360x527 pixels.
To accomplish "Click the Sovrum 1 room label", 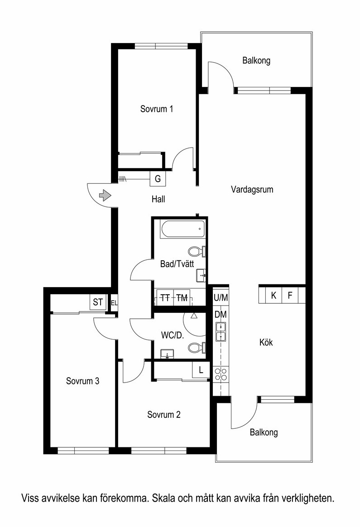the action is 157,109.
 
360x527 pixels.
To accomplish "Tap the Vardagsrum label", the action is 252,190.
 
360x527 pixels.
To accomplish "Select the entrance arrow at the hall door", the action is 105,195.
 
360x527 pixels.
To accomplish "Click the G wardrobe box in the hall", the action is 158,179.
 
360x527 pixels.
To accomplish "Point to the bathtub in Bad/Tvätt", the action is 183,229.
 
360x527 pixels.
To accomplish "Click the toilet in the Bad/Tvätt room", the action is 197,251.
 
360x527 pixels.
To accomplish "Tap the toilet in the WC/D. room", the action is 197,348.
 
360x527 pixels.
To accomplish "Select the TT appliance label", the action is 165,298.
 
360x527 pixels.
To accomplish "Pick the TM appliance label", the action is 182,298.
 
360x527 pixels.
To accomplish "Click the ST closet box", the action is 98,302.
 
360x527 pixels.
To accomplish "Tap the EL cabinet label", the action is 114,303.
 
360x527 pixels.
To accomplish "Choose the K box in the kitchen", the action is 274,296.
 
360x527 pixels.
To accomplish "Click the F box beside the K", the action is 290,296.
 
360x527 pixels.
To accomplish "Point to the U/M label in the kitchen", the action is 221,297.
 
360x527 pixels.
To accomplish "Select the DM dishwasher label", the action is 221,315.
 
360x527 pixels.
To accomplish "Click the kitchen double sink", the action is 221,332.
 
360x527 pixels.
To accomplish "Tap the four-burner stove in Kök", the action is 221,374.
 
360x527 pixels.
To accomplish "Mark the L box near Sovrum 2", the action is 201,370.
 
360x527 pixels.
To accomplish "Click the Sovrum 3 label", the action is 83,381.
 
